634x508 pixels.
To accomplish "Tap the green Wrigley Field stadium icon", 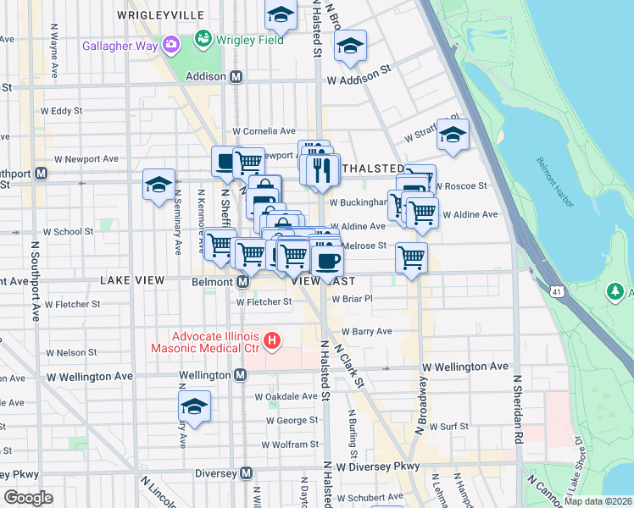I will [x=203, y=39].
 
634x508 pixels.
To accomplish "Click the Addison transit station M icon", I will [x=237, y=76].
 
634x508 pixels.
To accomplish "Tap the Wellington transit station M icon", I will [x=241, y=375].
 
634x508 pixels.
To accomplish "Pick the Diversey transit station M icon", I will [x=247, y=473].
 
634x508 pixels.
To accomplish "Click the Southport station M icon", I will [x=41, y=173].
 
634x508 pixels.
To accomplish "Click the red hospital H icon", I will [x=272, y=341].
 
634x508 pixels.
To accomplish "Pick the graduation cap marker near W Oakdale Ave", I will [x=195, y=407].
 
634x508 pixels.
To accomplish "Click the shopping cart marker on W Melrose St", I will [x=411, y=257].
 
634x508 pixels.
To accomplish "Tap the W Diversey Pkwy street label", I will [x=377, y=467].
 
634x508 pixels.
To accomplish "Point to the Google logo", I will [x=28, y=498].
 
